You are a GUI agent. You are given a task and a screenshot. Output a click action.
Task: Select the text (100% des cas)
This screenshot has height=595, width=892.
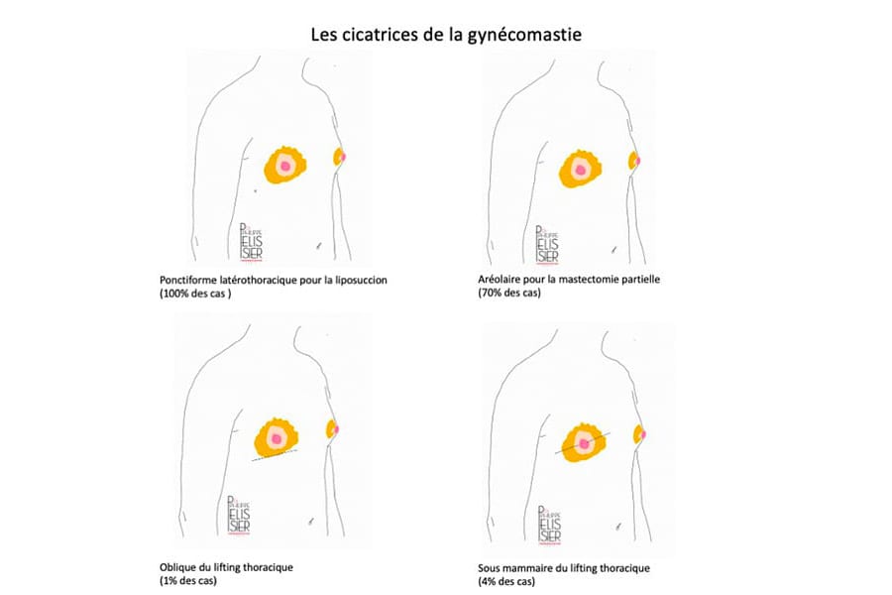(195, 295)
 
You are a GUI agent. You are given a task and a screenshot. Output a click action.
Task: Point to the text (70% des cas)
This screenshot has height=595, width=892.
(508, 294)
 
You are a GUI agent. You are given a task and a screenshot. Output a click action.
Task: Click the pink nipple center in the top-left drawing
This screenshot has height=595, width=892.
(284, 167)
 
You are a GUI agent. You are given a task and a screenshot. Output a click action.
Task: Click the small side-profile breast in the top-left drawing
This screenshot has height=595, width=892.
(339, 157)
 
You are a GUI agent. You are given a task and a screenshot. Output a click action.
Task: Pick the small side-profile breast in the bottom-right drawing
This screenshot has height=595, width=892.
(639, 432)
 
